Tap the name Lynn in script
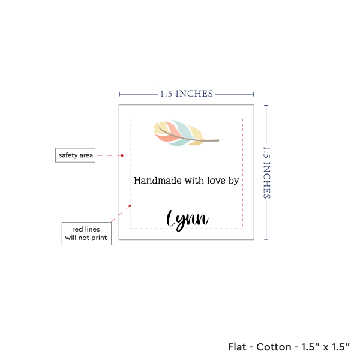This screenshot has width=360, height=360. pos(187,220)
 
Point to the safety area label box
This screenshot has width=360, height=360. pos(75,155)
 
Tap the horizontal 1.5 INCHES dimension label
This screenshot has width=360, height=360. pos(186,94)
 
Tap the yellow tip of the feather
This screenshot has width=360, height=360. pos(157,128)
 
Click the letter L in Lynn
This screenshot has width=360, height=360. pos(173,220)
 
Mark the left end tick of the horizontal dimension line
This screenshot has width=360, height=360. pos(119,94)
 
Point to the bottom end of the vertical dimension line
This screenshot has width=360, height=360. pos(266,239)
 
